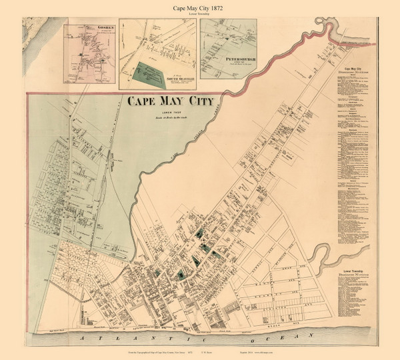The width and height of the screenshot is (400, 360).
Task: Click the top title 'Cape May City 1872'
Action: pos(200,6)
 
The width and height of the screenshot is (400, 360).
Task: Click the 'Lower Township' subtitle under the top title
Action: pos(200,14)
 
